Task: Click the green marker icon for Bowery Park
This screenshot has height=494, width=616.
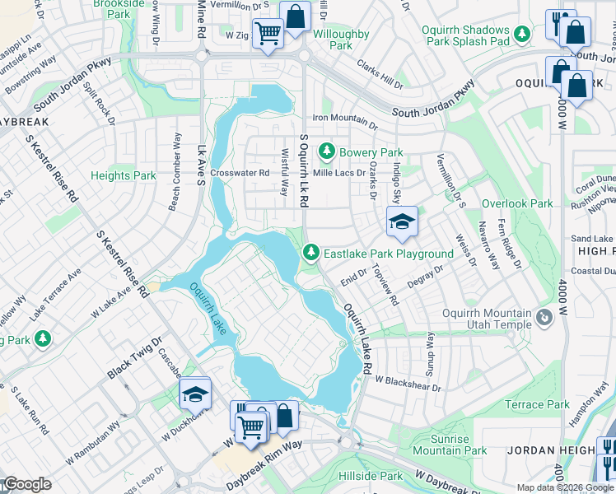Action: click(327, 151)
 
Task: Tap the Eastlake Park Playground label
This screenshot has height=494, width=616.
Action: click(388, 254)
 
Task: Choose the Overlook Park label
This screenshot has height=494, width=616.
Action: click(517, 203)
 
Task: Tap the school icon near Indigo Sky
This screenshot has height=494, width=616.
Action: click(402, 221)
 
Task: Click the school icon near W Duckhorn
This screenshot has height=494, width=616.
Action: click(195, 394)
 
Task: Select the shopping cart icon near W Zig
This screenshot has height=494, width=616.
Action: click(267, 35)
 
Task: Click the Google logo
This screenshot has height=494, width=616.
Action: click(26, 484)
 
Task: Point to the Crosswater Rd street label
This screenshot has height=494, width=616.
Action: click(240, 173)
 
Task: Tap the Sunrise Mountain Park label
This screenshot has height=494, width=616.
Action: click(450, 445)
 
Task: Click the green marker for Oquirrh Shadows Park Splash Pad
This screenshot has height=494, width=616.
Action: click(521, 34)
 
